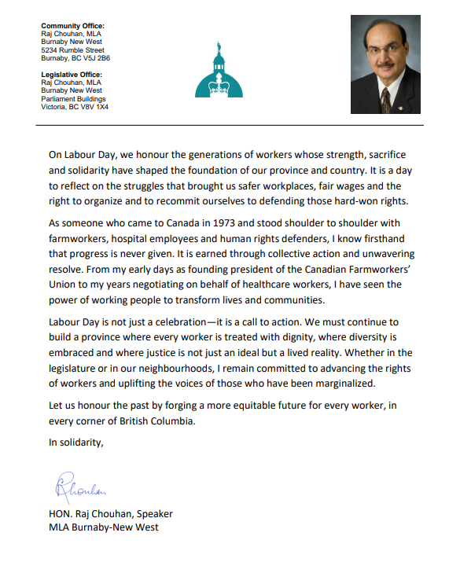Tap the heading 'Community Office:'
tap(72, 26)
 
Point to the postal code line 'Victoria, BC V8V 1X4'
tap(75, 106)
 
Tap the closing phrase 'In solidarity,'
tap(76, 443)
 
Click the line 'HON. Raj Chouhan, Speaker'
tap(110, 514)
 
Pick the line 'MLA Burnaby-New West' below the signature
tap(103, 527)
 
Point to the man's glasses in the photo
tap(385, 50)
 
